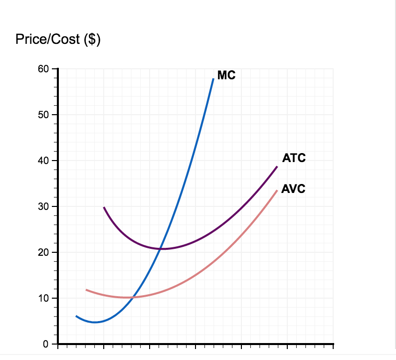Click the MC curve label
coord(226,76)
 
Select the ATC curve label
coord(294,159)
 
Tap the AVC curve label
coord(293,189)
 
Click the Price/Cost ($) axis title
coord(58,39)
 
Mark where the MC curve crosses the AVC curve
coord(133,297)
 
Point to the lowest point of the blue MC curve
coord(95,322)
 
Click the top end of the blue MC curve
coord(213,79)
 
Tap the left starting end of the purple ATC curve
coord(104,207)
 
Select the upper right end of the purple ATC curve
coord(277,166)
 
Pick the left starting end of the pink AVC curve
coord(86,290)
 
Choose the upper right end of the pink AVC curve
coord(277,190)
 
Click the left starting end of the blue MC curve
coord(76,316)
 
